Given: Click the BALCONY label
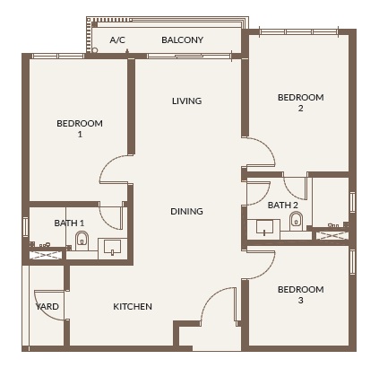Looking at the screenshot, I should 182,40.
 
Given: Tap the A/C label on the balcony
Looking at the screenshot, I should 117,40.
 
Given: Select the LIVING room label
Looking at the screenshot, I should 186,101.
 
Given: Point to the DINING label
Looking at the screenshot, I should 186,212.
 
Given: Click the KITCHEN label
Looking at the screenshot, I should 132,307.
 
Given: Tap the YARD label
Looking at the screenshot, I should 47,307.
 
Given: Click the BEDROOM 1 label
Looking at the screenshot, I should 80,128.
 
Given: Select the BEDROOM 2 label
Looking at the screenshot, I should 300,102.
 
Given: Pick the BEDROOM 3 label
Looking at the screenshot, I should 300,294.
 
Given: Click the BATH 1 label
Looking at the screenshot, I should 69,223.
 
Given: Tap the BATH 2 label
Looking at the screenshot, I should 282,206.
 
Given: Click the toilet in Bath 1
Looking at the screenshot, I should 82,240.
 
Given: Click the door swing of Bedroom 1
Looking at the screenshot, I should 116,170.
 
